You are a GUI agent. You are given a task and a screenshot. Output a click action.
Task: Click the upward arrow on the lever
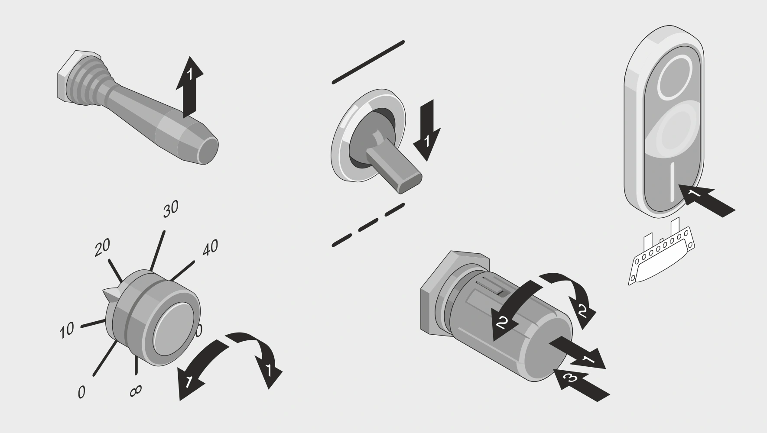(x=189, y=87)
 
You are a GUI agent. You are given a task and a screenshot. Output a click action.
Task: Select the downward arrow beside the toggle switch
(x=427, y=130)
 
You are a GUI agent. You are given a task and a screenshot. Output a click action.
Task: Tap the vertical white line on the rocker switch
(x=672, y=182)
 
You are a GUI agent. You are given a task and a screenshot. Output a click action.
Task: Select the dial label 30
(x=170, y=209)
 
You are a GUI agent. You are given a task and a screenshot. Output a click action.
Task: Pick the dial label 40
(x=210, y=248)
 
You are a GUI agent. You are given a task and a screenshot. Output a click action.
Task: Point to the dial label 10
(x=67, y=330)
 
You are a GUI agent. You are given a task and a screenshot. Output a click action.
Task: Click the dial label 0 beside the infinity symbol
(x=81, y=392)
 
